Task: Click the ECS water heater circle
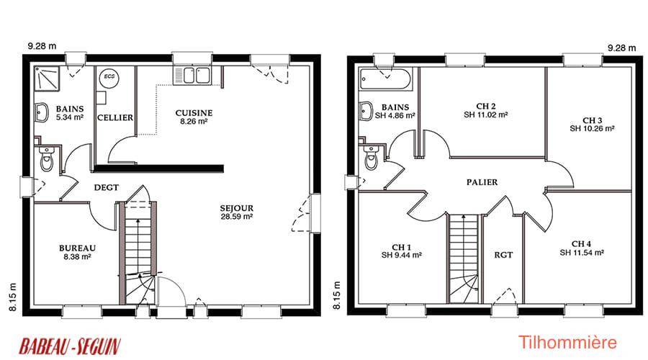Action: pyautogui.click(x=109, y=77)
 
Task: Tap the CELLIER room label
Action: pyautogui.click(x=115, y=118)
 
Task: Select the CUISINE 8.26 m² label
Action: pyautogui.click(x=194, y=117)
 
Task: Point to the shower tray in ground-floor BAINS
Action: pyautogui.click(x=47, y=78)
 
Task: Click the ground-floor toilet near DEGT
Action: pyautogui.click(x=47, y=158)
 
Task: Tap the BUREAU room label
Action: pyautogui.click(x=77, y=248)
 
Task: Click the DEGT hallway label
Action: pyautogui.click(x=107, y=188)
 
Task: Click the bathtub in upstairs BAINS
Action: pyautogui.click(x=385, y=79)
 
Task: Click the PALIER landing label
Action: pyautogui.click(x=482, y=182)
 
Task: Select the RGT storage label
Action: pyautogui.click(x=503, y=255)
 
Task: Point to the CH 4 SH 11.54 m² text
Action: pyautogui.click(x=582, y=248)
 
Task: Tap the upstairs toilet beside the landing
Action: pyautogui.click(x=372, y=157)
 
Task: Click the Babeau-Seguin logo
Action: pyautogui.click(x=70, y=346)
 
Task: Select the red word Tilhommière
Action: pyautogui.click(x=567, y=342)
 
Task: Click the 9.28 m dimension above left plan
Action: pyautogui.click(x=42, y=46)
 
